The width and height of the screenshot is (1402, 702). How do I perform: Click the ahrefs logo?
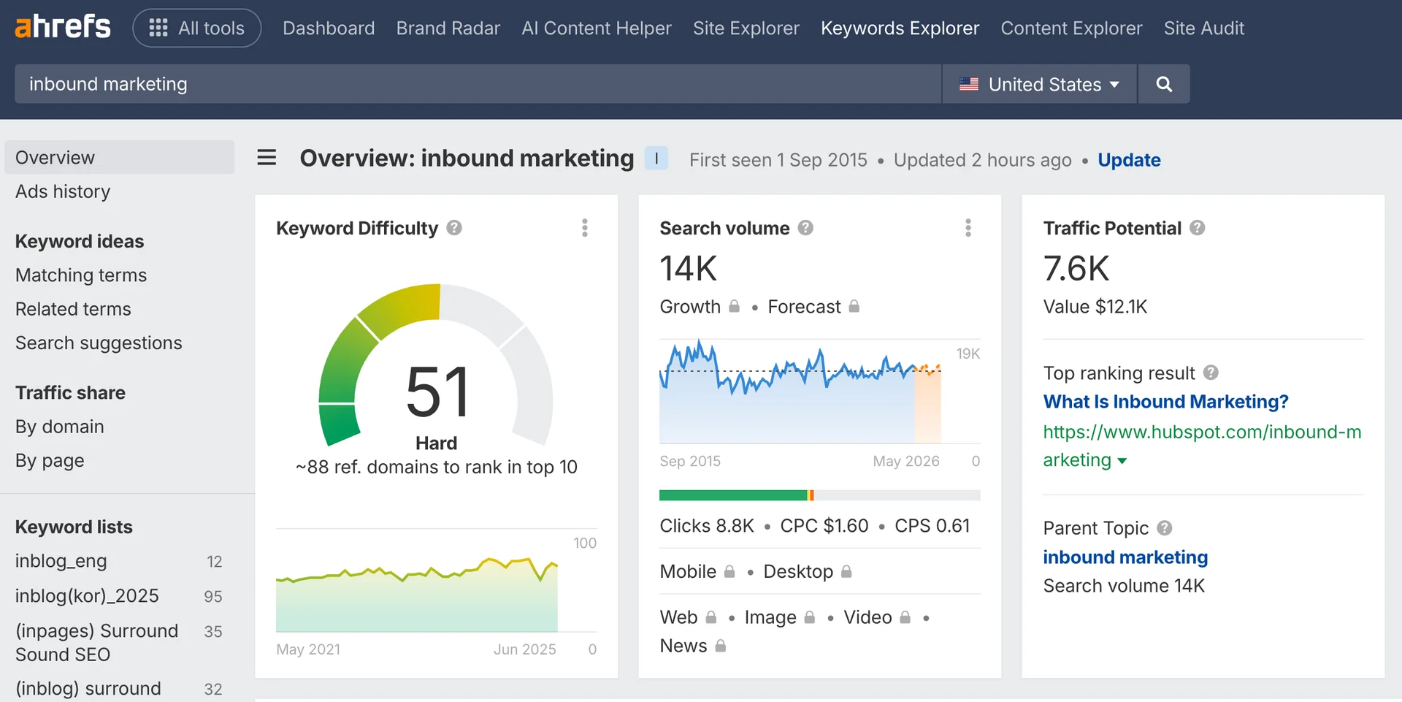pyautogui.click(x=63, y=27)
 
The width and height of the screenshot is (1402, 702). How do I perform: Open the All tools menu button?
pyautogui.click(x=196, y=28)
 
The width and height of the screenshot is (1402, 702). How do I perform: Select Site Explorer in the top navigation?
pyautogui.click(x=746, y=28)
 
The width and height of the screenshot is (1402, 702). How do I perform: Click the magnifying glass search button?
pyautogui.click(x=1164, y=84)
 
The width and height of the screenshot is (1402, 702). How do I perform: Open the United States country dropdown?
pyautogui.click(x=1039, y=84)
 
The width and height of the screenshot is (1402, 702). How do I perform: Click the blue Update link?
pyautogui.click(x=1129, y=160)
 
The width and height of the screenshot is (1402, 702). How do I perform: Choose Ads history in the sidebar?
pyautogui.click(x=63, y=191)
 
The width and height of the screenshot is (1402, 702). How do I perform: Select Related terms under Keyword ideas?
pyautogui.click(x=73, y=309)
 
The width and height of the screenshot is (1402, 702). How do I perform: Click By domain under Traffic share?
pyautogui.click(x=60, y=427)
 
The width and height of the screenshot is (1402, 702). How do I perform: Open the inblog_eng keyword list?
pyautogui.click(x=61, y=561)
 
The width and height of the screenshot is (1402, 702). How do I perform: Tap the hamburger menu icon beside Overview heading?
pyautogui.click(x=267, y=158)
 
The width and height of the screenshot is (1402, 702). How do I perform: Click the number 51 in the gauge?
pyautogui.click(x=437, y=392)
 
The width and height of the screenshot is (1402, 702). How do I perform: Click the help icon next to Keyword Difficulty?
pyautogui.click(x=454, y=228)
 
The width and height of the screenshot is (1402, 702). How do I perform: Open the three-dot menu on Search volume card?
pyautogui.click(x=968, y=228)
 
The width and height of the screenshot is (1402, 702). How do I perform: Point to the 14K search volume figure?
pyautogui.click(x=689, y=268)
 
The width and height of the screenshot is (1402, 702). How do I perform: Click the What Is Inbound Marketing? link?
pyautogui.click(x=1165, y=402)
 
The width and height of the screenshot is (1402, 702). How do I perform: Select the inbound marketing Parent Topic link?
pyautogui.click(x=1125, y=557)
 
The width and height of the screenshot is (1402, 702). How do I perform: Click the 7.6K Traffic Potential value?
pyautogui.click(x=1076, y=268)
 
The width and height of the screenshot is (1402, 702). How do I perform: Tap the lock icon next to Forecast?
pyautogui.click(x=854, y=307)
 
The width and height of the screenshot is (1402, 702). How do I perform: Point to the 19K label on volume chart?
pyautogui.click(x=968, y=354)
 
